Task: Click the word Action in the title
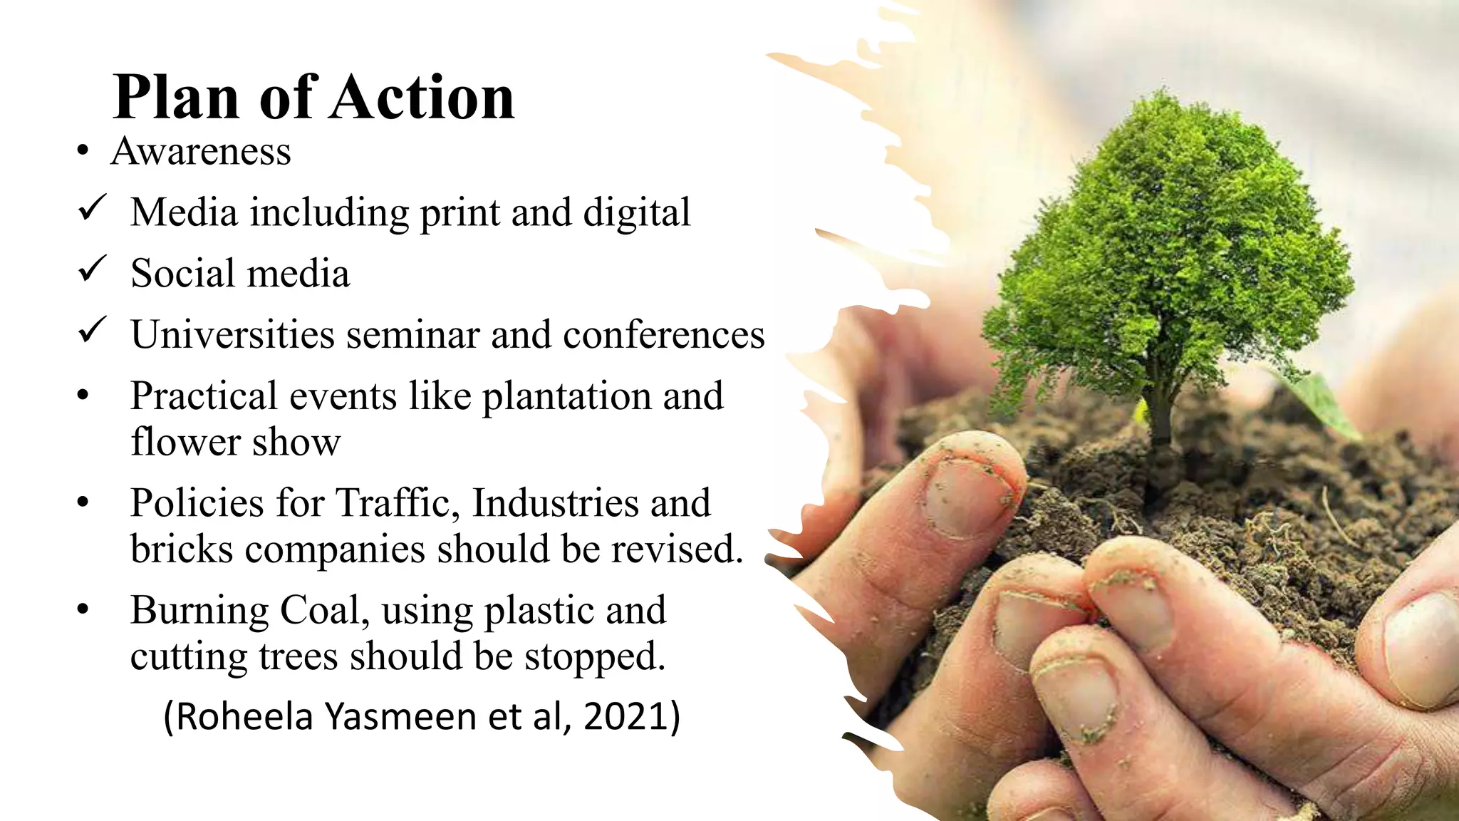tap(422, 98)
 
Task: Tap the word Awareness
tap(201, 152)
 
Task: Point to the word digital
tap(637, 213)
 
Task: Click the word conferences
tap(664, 335)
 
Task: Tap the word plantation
tap(567, 397)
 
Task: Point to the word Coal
tap(324, 611)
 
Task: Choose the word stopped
tap(595, 657)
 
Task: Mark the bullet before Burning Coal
tap(83, 610)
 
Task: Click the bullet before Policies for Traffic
tap(83, 503)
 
